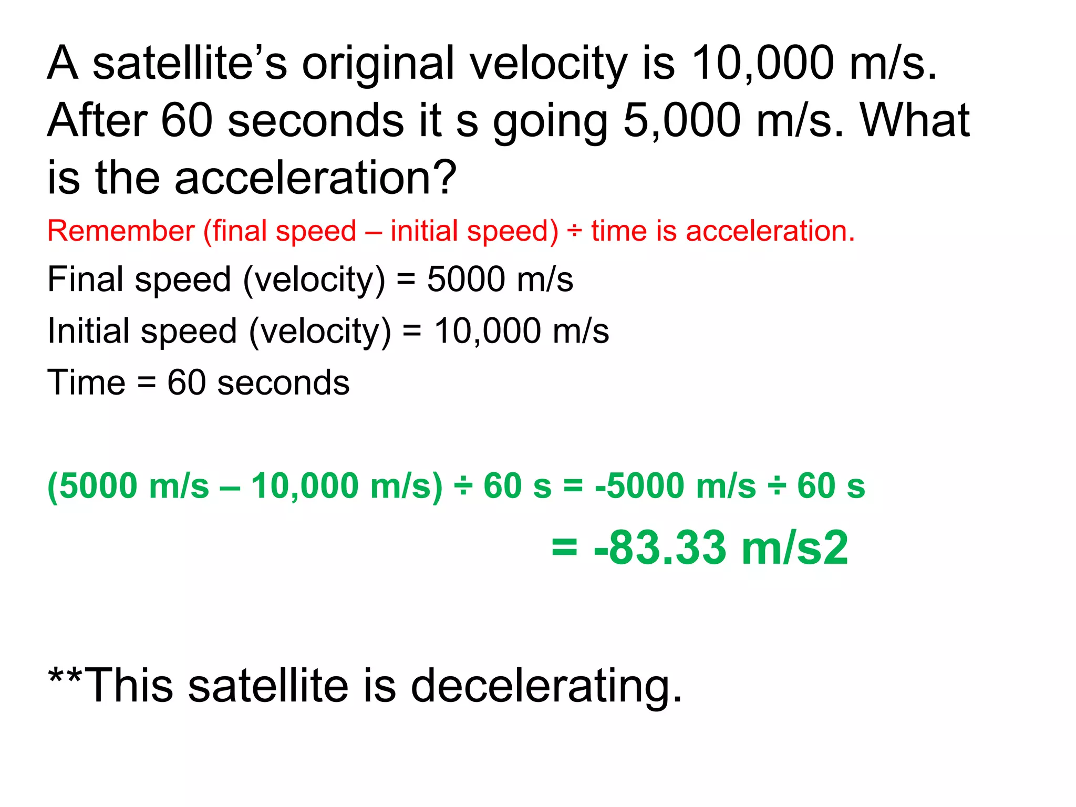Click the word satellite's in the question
point(190,64)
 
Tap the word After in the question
point(97,121)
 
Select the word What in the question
point(915,121)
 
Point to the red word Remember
point(121,231)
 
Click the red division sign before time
point(574,232)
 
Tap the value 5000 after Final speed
point(465,279)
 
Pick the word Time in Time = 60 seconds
point(86,382)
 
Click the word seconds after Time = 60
point(283,382)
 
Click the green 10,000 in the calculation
point(305,485)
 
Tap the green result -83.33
point(660,547)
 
